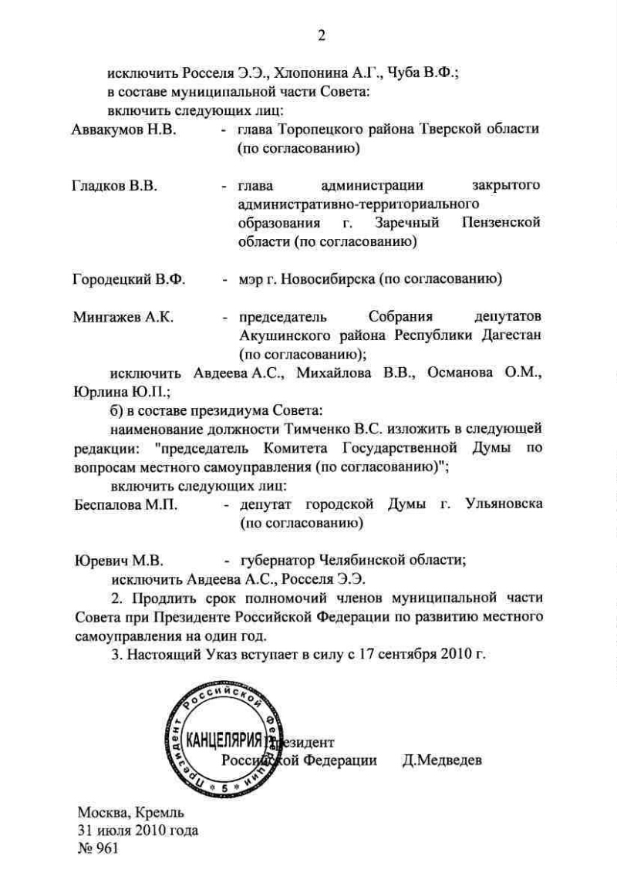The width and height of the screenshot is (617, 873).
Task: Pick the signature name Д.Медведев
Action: [442, 760]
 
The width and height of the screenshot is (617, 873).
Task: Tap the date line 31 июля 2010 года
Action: [137, 831]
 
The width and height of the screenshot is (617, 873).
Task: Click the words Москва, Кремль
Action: [130, 812]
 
